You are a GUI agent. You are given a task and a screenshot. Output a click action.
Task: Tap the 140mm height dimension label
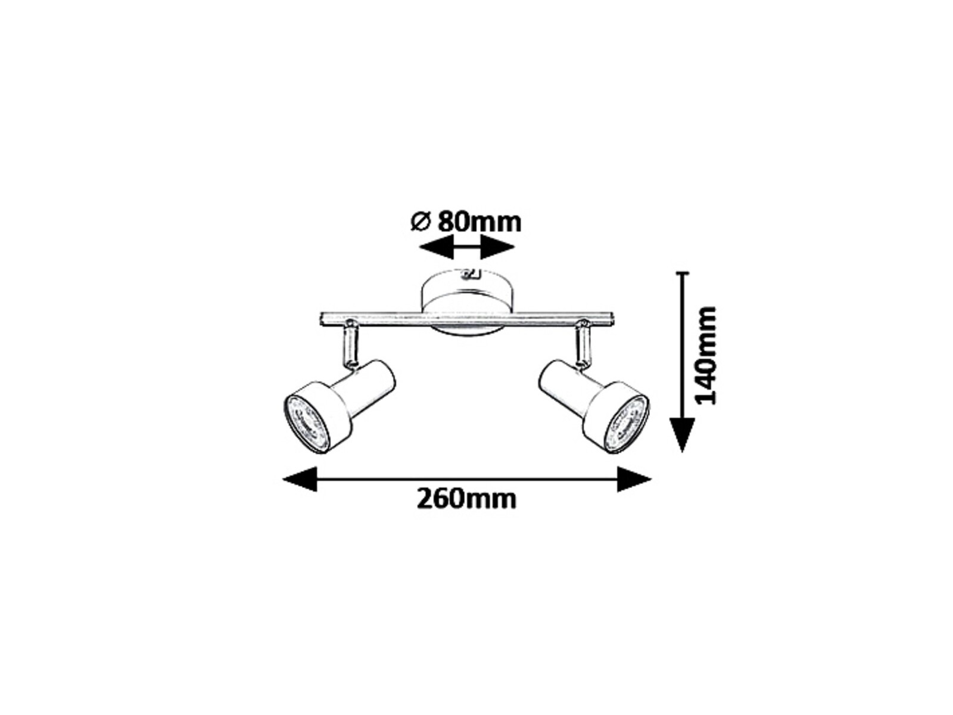[704, 355]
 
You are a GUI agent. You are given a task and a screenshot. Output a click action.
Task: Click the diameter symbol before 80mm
[420, 222]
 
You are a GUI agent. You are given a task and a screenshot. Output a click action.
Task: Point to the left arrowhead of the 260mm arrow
[300, 479]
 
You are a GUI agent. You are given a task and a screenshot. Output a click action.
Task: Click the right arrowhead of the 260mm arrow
[634, 479]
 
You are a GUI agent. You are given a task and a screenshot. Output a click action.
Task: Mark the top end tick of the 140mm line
[683, 273]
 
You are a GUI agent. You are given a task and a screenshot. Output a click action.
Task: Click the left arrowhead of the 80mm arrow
[436, 247]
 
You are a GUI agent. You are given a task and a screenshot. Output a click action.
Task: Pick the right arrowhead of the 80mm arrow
[498, 247]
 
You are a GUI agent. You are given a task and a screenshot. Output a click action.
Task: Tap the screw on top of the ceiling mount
[469, 274]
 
